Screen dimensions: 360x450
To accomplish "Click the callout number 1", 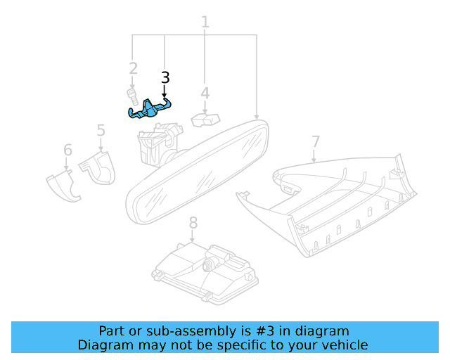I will [x=205, y=22].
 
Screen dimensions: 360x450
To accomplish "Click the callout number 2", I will [x=133, y=68].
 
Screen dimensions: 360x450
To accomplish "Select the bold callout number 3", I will [x=165, y=77].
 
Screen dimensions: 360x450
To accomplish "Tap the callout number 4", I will [x=205, y=93].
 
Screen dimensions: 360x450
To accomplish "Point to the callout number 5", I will [x=101, y=130].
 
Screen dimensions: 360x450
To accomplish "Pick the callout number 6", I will [x=67, y=150].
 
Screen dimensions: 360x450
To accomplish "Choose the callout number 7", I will [x=315, y=141].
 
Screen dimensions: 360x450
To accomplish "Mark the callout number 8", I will [x=193, y=223].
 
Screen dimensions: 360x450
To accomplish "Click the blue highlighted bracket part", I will [x=150, y=108].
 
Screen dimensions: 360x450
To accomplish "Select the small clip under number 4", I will [x=204, y=120].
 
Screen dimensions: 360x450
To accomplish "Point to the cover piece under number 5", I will [x=98, y=169].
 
